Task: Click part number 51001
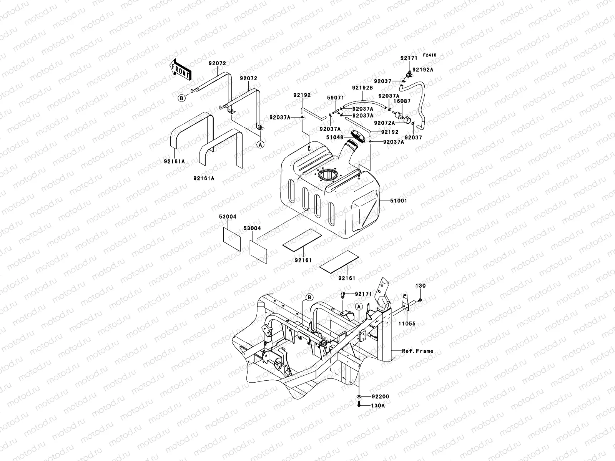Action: pos(399,201)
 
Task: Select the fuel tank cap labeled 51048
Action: pos(358,137)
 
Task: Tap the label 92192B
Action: pos(362,88)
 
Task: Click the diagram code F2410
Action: pos(430,55)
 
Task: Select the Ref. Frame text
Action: pos(417,351)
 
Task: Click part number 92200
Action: pos(380,396)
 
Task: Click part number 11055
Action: pos(407,324)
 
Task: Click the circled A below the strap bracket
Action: pos(260,144)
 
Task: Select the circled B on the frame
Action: pos(309,297)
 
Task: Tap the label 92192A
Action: pos(423,70)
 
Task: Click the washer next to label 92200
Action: pos(358,396)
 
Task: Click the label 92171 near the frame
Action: pos(364,294)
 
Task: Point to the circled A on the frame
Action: pos(358,307)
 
